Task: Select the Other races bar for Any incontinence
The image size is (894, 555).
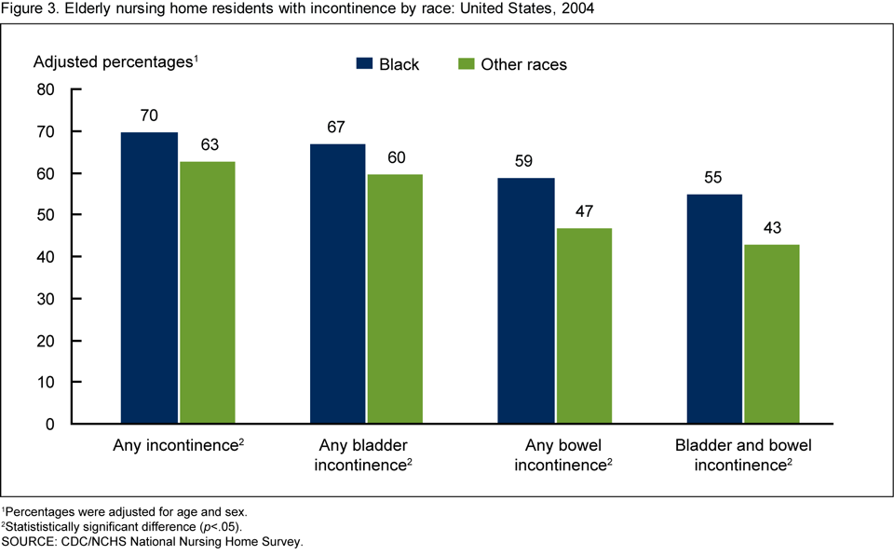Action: pyautogui.click(x=208, y=292)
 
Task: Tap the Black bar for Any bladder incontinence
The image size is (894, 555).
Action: pyautogui.click(x=337, y=284)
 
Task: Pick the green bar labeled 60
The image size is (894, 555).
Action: pyautogui.click(x=396, y=299)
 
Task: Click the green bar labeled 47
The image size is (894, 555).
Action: pyautogui.click(x=585, y=326)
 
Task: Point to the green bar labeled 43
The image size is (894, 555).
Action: pyautogui.click(x=772, y=334)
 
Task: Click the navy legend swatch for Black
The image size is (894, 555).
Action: pyautogui.click(x=364, y=64)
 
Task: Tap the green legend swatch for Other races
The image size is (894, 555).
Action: pyautogui.click(x=467, y=64)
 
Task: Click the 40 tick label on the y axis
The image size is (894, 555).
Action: pyautogui.click(x=47, y=257)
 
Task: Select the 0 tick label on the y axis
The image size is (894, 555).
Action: pyautogui.click(x=51, y=424)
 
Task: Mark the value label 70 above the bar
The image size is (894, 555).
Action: pyautogui.click(x=149, y=116)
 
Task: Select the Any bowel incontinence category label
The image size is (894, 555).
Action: pyautogui.click(x=562, y=453)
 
